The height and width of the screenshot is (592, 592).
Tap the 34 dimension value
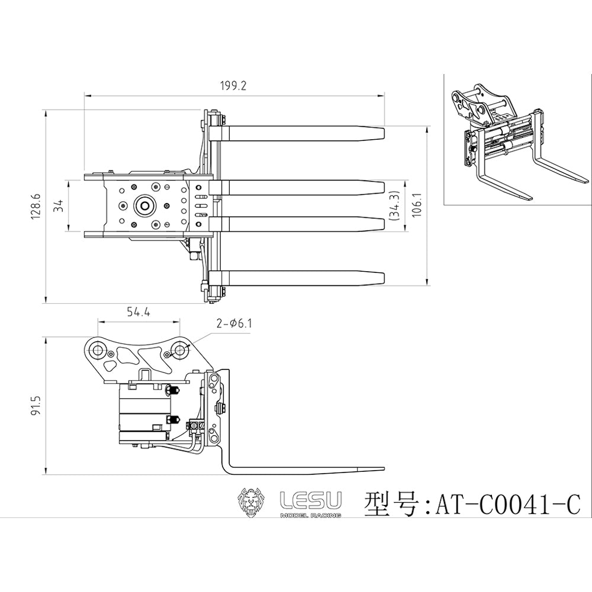[x=57, y=205]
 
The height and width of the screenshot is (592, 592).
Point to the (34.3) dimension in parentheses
[x=395, y=205]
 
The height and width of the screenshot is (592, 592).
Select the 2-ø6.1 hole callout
[x=234, y=323]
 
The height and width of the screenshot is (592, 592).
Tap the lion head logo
[x=252, y=503]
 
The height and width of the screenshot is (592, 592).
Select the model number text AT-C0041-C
[x=507, y=505]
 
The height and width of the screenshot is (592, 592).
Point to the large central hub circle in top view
[x=144, y=205]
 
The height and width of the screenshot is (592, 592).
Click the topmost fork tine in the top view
[x=302, y=133]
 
